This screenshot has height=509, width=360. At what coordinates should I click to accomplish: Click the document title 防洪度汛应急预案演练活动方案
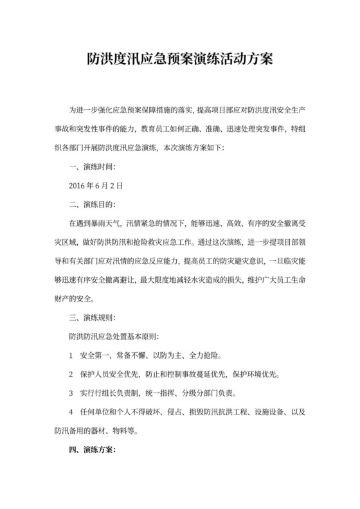click(x=179, y=60)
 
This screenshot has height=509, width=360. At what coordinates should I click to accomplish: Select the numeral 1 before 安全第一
click(x=70, y=355)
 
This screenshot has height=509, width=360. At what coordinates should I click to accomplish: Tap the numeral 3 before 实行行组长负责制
click(x=70, y=393)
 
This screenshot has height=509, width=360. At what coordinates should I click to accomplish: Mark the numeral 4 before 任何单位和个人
click(x=70, y=411)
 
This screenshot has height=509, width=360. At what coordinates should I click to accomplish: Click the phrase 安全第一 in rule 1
click(x=95, y=355)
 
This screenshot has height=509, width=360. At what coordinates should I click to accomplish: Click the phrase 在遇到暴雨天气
click(x=96, y=223)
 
